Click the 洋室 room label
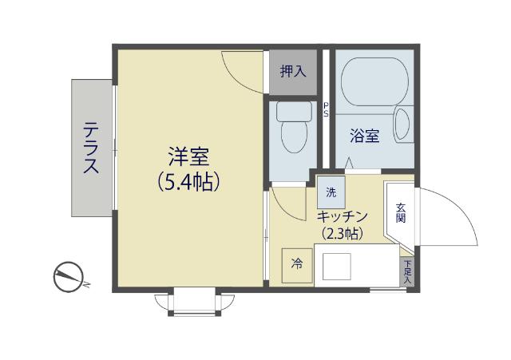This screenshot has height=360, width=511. tap(188, 155)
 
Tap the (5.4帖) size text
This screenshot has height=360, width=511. tap(188, 182)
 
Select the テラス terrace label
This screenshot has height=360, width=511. tap(92, 148)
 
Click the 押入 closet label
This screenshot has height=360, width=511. tap(292, 71)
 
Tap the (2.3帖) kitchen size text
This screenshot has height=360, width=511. tap(342, 234)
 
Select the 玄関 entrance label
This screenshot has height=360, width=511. tap(400, 212)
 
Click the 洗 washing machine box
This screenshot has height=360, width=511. tap(331, 192)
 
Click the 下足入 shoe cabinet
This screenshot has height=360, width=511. tap(407, 272)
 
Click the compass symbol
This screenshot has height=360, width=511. tap(68, 278)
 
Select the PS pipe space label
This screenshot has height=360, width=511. tap(326, 109)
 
